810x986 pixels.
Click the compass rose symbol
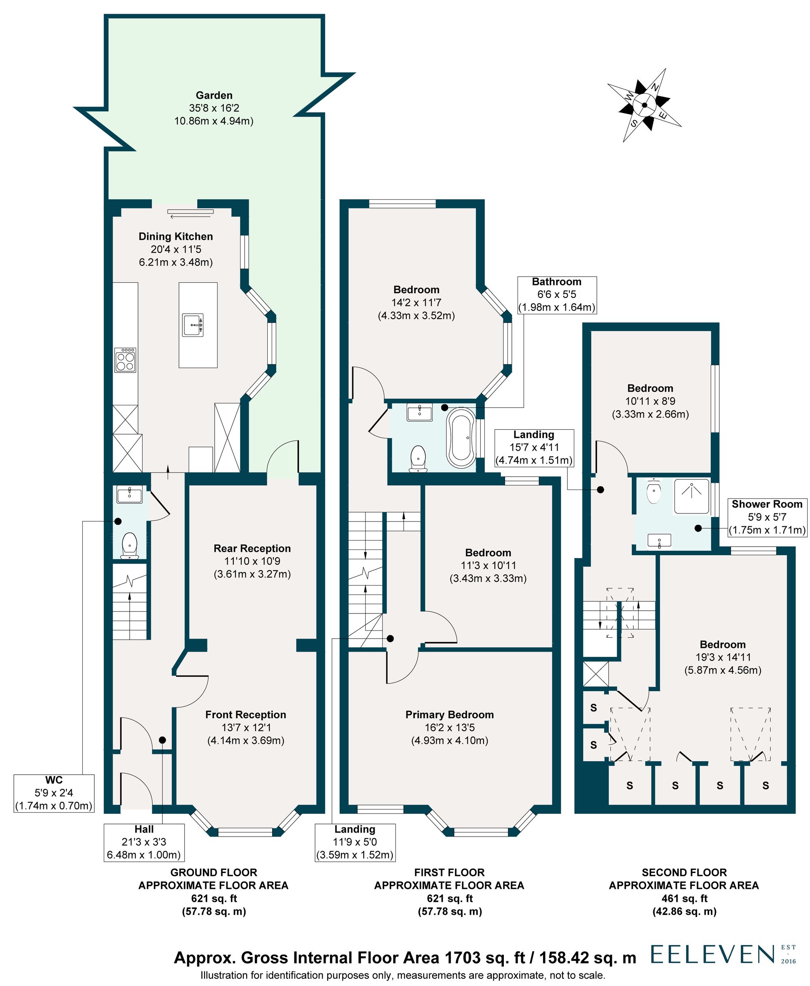click(x=644, y=105)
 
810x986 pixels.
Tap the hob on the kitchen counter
click(x=126, y=360)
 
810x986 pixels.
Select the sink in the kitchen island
click(x=193, y=325)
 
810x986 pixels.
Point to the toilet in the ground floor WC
click(x=129, y=545)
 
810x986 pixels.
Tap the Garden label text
click(x=214, y=96)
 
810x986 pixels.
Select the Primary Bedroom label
click(x=449, y=715)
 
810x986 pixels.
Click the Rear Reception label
click(x=252, y=549)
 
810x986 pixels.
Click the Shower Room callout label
click(x=767, y=517)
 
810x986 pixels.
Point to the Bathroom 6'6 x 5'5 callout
click(x=556, y=294)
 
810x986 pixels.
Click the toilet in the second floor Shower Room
click(x=654, y=492)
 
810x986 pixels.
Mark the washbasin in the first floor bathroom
click(x=419, y=412)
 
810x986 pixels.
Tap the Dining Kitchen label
click(x=175, y=236)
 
